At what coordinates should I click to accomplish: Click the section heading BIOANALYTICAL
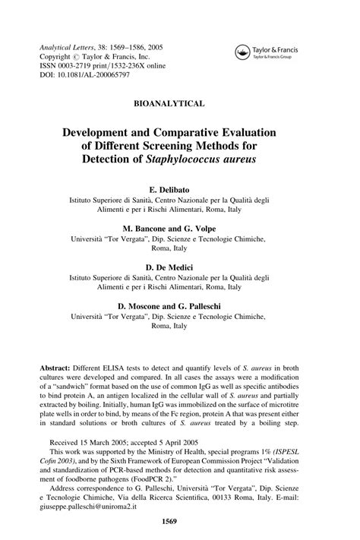[x=179, y=102]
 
